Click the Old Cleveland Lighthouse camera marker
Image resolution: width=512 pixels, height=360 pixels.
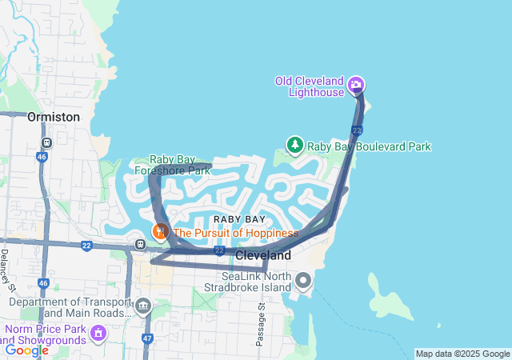(357, 84)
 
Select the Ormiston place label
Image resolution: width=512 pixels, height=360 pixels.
(54, 117)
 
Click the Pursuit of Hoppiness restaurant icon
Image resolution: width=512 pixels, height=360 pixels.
(161, 231)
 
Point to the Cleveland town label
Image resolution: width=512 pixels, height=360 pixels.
(263, 255)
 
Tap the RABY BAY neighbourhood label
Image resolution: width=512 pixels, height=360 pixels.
(239, 218)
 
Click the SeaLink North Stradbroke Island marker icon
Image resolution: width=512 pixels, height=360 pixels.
(303, 281)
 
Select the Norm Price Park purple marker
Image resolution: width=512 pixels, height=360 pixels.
(98, 332)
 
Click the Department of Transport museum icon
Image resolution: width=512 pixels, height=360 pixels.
(143, 305)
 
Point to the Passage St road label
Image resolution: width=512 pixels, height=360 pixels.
(262, 324)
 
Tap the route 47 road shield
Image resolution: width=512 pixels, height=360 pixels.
(147, 339)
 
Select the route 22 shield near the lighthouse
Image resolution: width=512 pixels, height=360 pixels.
(357, 129)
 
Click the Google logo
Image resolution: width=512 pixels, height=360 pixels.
(26, 350)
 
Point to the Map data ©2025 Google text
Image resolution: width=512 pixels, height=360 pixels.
(462, 354)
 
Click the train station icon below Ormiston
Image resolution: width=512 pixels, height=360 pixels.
(47, 142)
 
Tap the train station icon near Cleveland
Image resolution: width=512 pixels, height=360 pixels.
(140, 244)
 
